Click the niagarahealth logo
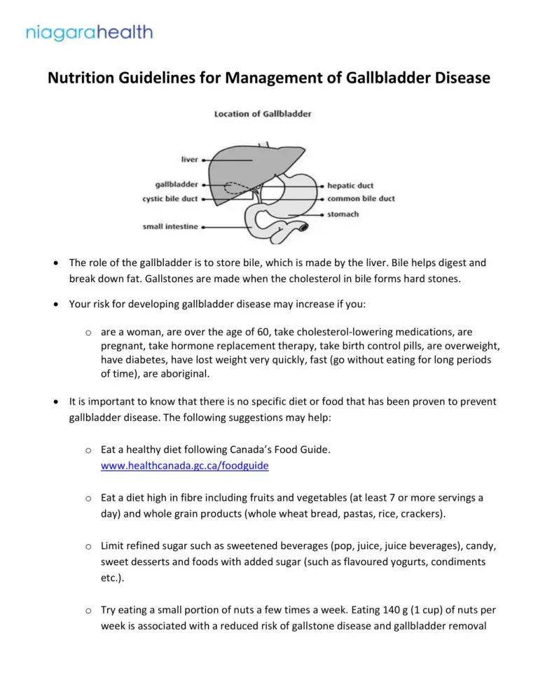(89, 32)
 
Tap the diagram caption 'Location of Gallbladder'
(263, 113)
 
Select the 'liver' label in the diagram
(189, 160)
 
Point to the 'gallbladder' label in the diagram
(176, 186)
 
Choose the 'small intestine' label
(170, 226)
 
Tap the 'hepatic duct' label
(350, 186)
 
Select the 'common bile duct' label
(361, 199)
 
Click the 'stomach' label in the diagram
(343, 214)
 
